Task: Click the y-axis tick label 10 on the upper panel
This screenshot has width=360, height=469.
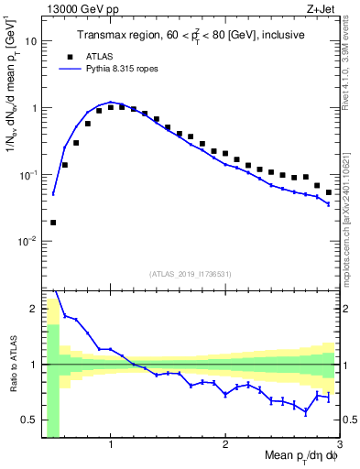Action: pyautogui.click(x=31, y=41)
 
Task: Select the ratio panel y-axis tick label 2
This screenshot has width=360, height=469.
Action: pyautogui.click(x=34, y=309)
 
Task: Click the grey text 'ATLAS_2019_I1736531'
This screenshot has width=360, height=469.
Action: pyautogui.click(x=191, y=273)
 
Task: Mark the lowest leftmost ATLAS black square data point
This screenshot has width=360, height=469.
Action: pyautogui.click(x=53, y=223)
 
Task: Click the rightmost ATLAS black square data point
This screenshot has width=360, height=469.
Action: pyautogui.click(x=329, y=192)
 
